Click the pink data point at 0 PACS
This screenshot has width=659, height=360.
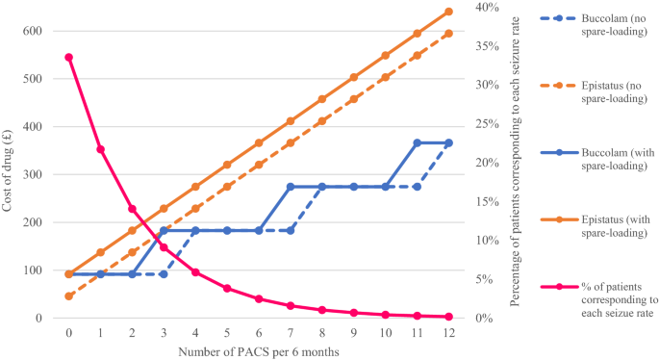click(x=69, y=57)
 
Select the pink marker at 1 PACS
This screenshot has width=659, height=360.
click(x=100, y=149)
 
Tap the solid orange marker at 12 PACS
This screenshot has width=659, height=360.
click(x=448, y=12)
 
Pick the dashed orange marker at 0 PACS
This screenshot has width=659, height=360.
click(x=69, y=296)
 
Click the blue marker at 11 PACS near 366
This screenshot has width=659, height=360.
click(x=418, y=142)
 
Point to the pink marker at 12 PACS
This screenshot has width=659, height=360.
click(x=448, y=316)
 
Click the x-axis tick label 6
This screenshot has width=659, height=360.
click(x=259, y=333)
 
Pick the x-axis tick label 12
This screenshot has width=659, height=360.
click(x=448, y=333)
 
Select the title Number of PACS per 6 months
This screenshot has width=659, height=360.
click(x=259, y=350)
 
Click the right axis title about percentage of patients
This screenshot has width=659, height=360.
click(x=518, y=162)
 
